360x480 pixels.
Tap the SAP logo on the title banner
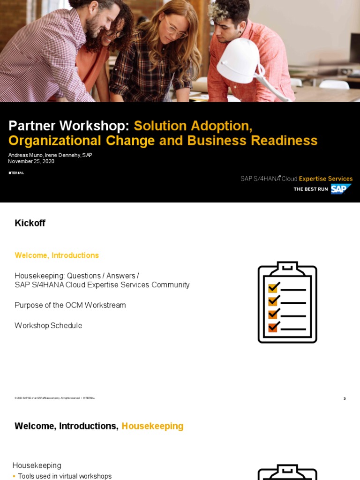(341, 189)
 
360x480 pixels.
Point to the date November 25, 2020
(31, 161)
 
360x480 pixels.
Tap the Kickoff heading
(30, 223)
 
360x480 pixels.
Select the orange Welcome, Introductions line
(57, 255)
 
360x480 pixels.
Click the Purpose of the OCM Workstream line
(70, 305)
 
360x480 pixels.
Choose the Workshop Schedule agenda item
(48, 325)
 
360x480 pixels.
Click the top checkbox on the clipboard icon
(273, 286)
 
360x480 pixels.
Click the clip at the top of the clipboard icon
(287, 267)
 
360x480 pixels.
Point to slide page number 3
(345, 399)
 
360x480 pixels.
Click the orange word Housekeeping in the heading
(152, 426)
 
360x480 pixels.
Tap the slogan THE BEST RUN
(310, 189)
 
